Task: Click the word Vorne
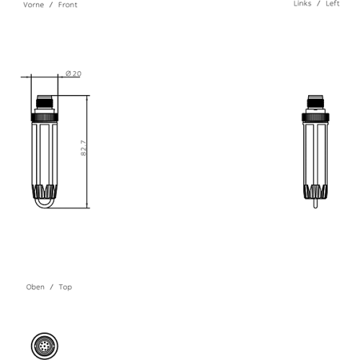(x=34, y=5)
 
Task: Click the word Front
(x=68, y=5)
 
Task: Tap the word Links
(x=302, y=4)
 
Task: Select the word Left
(x=333, y=4)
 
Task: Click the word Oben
(x=35, y=287)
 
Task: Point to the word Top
(x=66, y=287)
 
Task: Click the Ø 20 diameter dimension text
(x=73, y=73)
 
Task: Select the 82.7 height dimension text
(x=84, y=148)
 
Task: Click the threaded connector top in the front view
(x=45, y=102)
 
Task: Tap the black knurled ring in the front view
(x=45, y=117)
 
